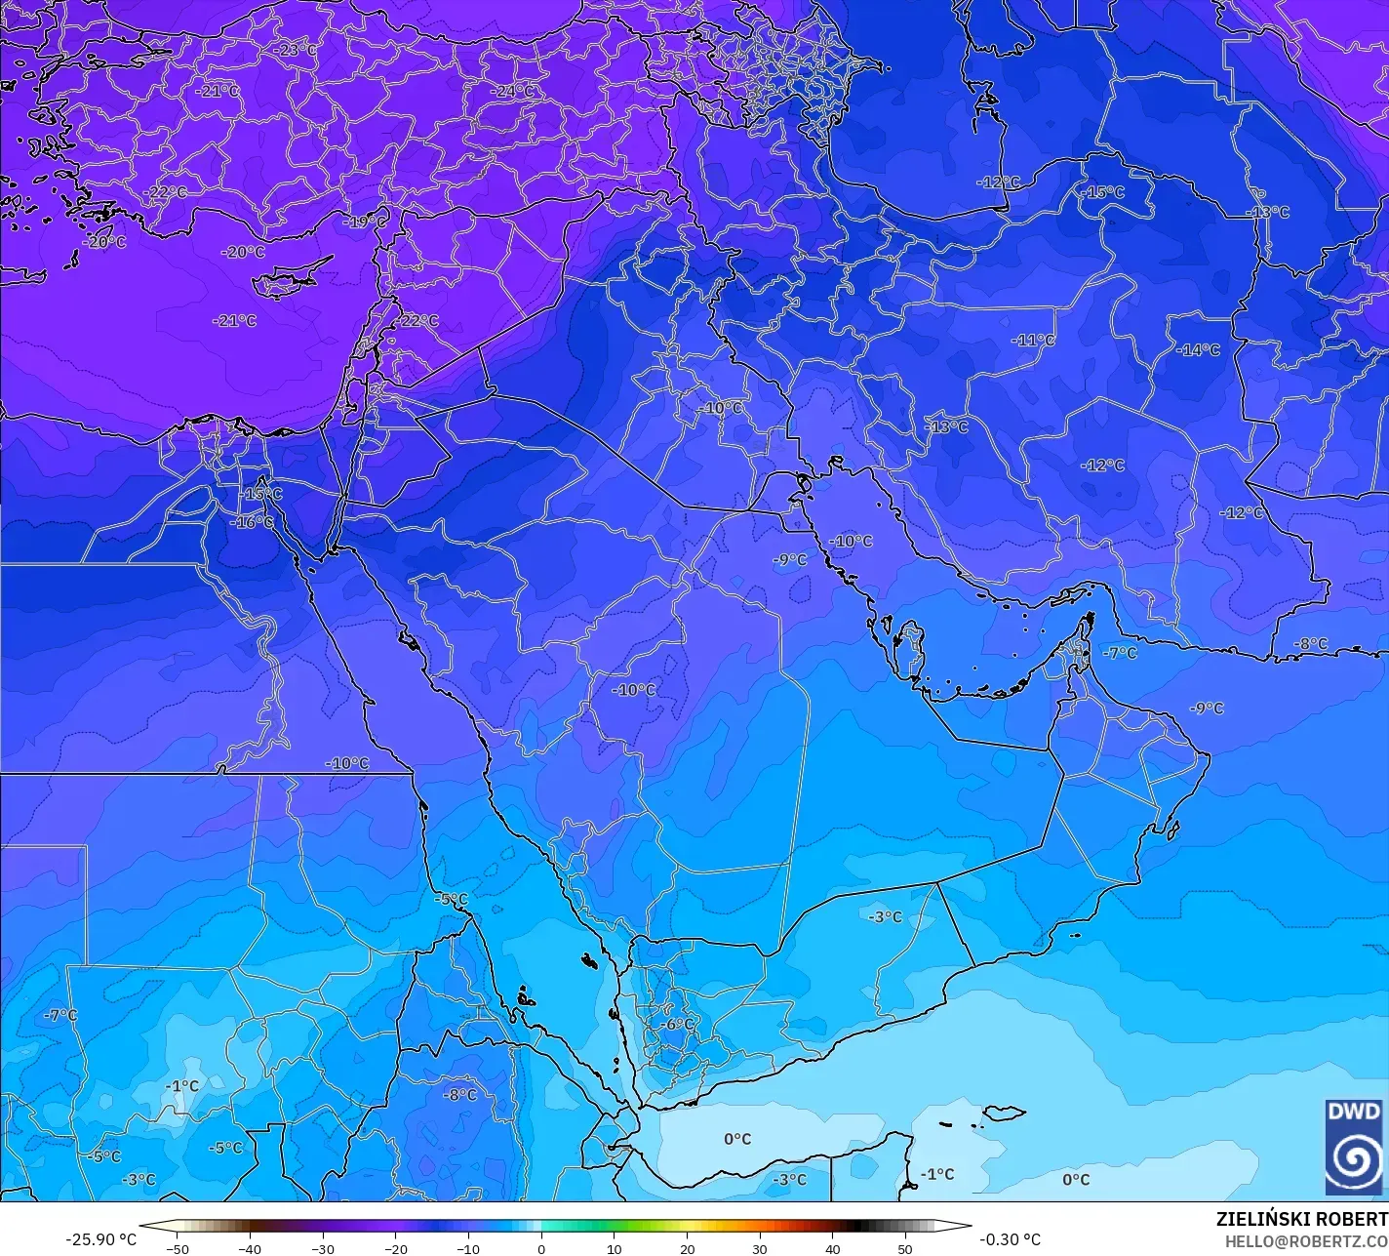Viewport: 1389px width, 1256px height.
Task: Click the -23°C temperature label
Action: pyautogui.click(x=295, y=49)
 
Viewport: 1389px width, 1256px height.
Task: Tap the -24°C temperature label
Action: pyautogui.click(x=515, y=91)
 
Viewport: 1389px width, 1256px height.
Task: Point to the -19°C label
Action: pyautogui.click(x=366, y=222)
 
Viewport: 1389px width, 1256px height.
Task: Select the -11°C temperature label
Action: pyautogui.click(x=1034, y=341)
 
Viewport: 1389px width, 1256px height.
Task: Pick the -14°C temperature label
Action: pyautogui.click(x=1198, y=349)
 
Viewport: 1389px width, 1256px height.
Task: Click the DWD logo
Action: pyautogui.click(x=1354, y=1146)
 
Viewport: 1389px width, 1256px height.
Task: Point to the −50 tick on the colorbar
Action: pyautogui.click(x=177, y=1248)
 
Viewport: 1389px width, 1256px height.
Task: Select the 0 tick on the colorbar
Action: pyautogui.click(x=541, y=1248)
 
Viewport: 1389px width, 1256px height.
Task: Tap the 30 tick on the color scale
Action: pyautogui.click(x=760, y=1248)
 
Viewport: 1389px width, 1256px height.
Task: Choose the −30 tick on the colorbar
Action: pyautogui.click(x=323, y=1248)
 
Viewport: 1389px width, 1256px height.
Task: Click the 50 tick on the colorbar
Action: pyautogui.click(x=906, y=1248)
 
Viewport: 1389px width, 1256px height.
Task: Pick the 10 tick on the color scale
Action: pyautogui.click(x=615, y=1248)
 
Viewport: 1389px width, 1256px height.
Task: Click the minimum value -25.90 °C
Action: pyautogui.click(x=101, y=1239)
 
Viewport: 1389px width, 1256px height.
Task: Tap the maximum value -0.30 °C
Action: pyautogui.click(x=1010, y=1239)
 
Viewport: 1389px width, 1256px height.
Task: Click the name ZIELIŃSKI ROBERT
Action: pyautogui.click(x=1301, y=1219)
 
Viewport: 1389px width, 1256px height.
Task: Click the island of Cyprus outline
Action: pyautogui.click(x=284, y=283)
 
